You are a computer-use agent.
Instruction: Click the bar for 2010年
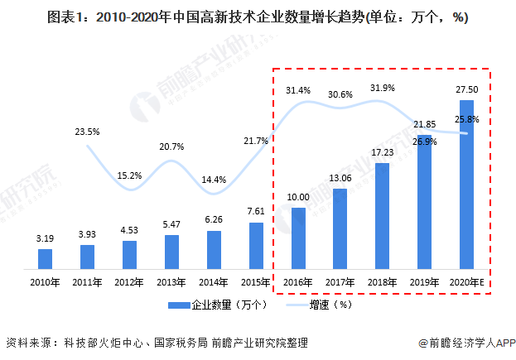pyautogui.click(x=45, y=259)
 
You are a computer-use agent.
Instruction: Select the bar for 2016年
pyautogui.click(x=298, y=238)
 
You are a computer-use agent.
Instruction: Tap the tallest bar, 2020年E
pyautogui.click(x=467, y=185)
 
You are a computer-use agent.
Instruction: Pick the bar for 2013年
pyautogui.click(x=171, y=252)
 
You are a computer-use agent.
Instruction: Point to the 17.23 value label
pyautogui.click(x=383, y=152)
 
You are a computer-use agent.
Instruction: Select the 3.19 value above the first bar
pyautogui.click(x=45, y=238)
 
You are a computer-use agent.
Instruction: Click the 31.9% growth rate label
pyautogui.click(x=383, y=89)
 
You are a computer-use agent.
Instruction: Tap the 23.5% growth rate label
pyautogui.click(x=87, y=131)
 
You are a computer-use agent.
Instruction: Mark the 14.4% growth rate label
pyautogui.click(x=214, y=179)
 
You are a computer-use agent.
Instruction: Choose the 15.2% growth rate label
pyautogui.click(x=129, y=175)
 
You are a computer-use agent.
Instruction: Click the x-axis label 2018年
pyautogui.click(x=383, y=283)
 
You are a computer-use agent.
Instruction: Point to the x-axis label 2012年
pyautogui.click(x=129, y=283)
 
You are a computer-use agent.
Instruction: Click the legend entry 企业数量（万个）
pyautogui.click(x=217, y=305)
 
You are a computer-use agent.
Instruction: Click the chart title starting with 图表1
pyautogui.click(x=258, y=17)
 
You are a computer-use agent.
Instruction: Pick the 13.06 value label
pyautogui.click(x=340, y=178)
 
